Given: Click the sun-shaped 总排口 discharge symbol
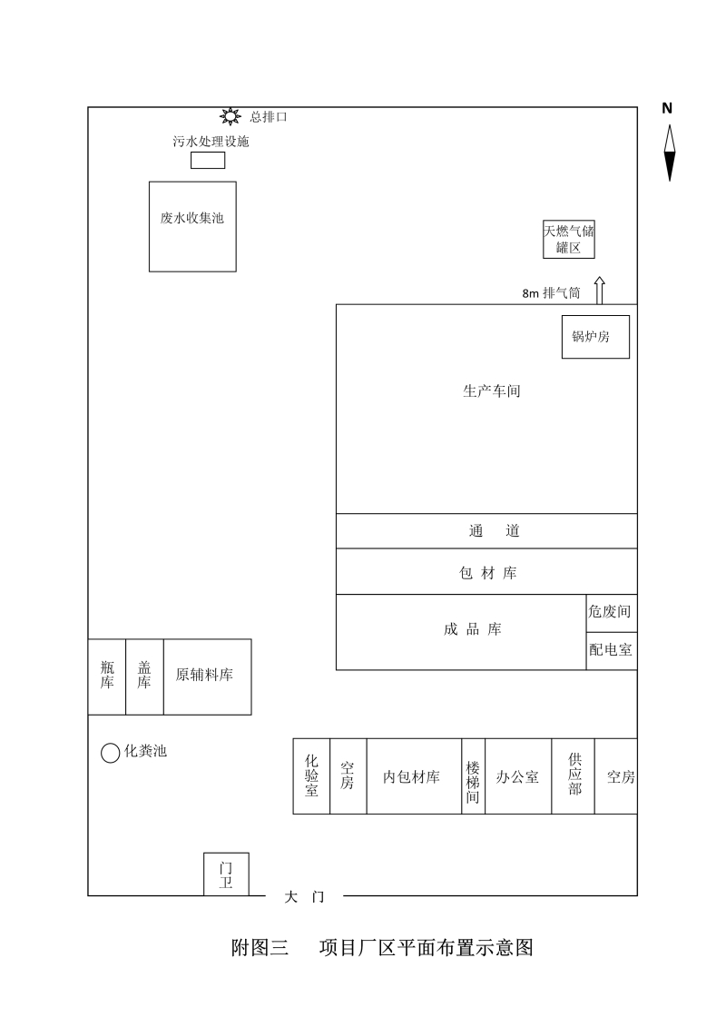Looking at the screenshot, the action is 230,116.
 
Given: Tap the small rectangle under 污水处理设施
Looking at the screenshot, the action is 208,160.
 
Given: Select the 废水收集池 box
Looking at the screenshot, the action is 192,227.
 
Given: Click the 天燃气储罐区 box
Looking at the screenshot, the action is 569,239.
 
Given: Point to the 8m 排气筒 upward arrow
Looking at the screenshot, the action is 599,291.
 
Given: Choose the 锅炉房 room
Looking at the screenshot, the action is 595,337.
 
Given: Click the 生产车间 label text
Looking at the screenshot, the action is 492,391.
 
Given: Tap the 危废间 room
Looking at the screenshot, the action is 612,613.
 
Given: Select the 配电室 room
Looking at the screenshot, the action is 612,650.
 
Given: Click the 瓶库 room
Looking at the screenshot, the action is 107,676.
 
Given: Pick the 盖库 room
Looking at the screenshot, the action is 144,676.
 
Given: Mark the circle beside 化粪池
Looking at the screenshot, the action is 110,753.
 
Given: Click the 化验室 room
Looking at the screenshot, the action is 311,776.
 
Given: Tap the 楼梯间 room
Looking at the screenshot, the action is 474,776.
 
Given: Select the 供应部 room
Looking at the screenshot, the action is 573,776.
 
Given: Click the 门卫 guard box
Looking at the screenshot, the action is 227,874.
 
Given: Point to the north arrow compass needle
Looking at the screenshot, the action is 669,153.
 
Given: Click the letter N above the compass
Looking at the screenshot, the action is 667,108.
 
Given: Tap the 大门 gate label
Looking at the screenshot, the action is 304,896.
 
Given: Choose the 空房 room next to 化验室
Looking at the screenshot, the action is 348,776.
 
